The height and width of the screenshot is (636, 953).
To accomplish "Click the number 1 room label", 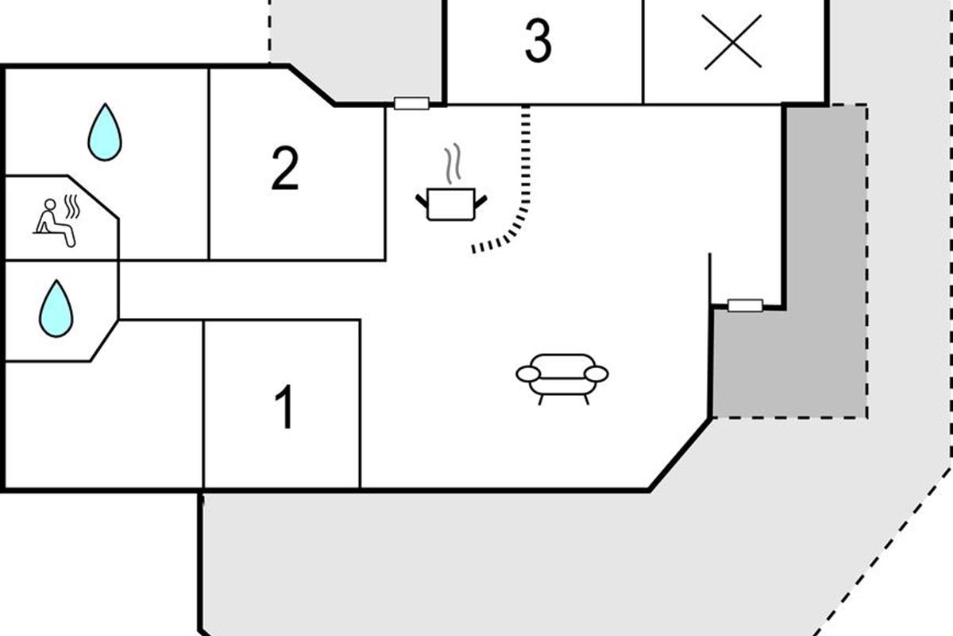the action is (284, 406).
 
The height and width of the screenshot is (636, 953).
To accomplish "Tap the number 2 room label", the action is (285, 169).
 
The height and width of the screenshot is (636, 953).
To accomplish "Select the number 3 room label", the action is (538, 41).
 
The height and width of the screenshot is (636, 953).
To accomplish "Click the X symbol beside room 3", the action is (732, 42).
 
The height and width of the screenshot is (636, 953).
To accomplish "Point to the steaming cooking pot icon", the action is (451, 182).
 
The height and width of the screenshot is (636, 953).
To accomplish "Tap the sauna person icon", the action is (57, 221).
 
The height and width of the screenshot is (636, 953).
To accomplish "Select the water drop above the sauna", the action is (105, 132).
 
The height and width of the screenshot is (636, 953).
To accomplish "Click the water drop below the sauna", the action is (56, 308).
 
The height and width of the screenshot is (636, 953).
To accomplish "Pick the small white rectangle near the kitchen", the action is (411, 103).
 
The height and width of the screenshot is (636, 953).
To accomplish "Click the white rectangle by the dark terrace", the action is (745, 305).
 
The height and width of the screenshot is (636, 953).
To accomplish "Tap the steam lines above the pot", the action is (453, 163).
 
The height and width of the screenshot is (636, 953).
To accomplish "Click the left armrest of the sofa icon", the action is (528, 374).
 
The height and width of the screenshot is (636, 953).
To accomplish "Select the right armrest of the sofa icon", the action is (596, 374).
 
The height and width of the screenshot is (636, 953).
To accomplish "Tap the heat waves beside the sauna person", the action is (72, 207).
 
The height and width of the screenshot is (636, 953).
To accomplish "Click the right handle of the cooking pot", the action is (480, 202).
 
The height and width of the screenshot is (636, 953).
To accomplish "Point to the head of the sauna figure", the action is (50, 204).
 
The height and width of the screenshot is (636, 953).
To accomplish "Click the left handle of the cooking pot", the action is (422, 202).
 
